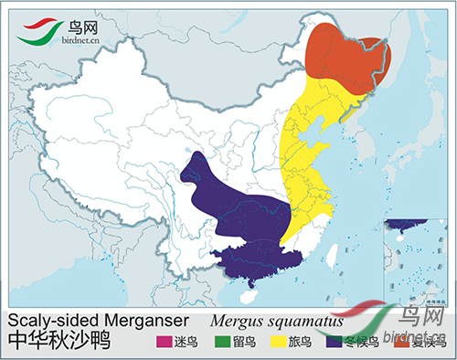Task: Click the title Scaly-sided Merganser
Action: [x=98, y=321]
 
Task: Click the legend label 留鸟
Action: [x=242, y=344]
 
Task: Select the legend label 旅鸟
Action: [x=300, y=344]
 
